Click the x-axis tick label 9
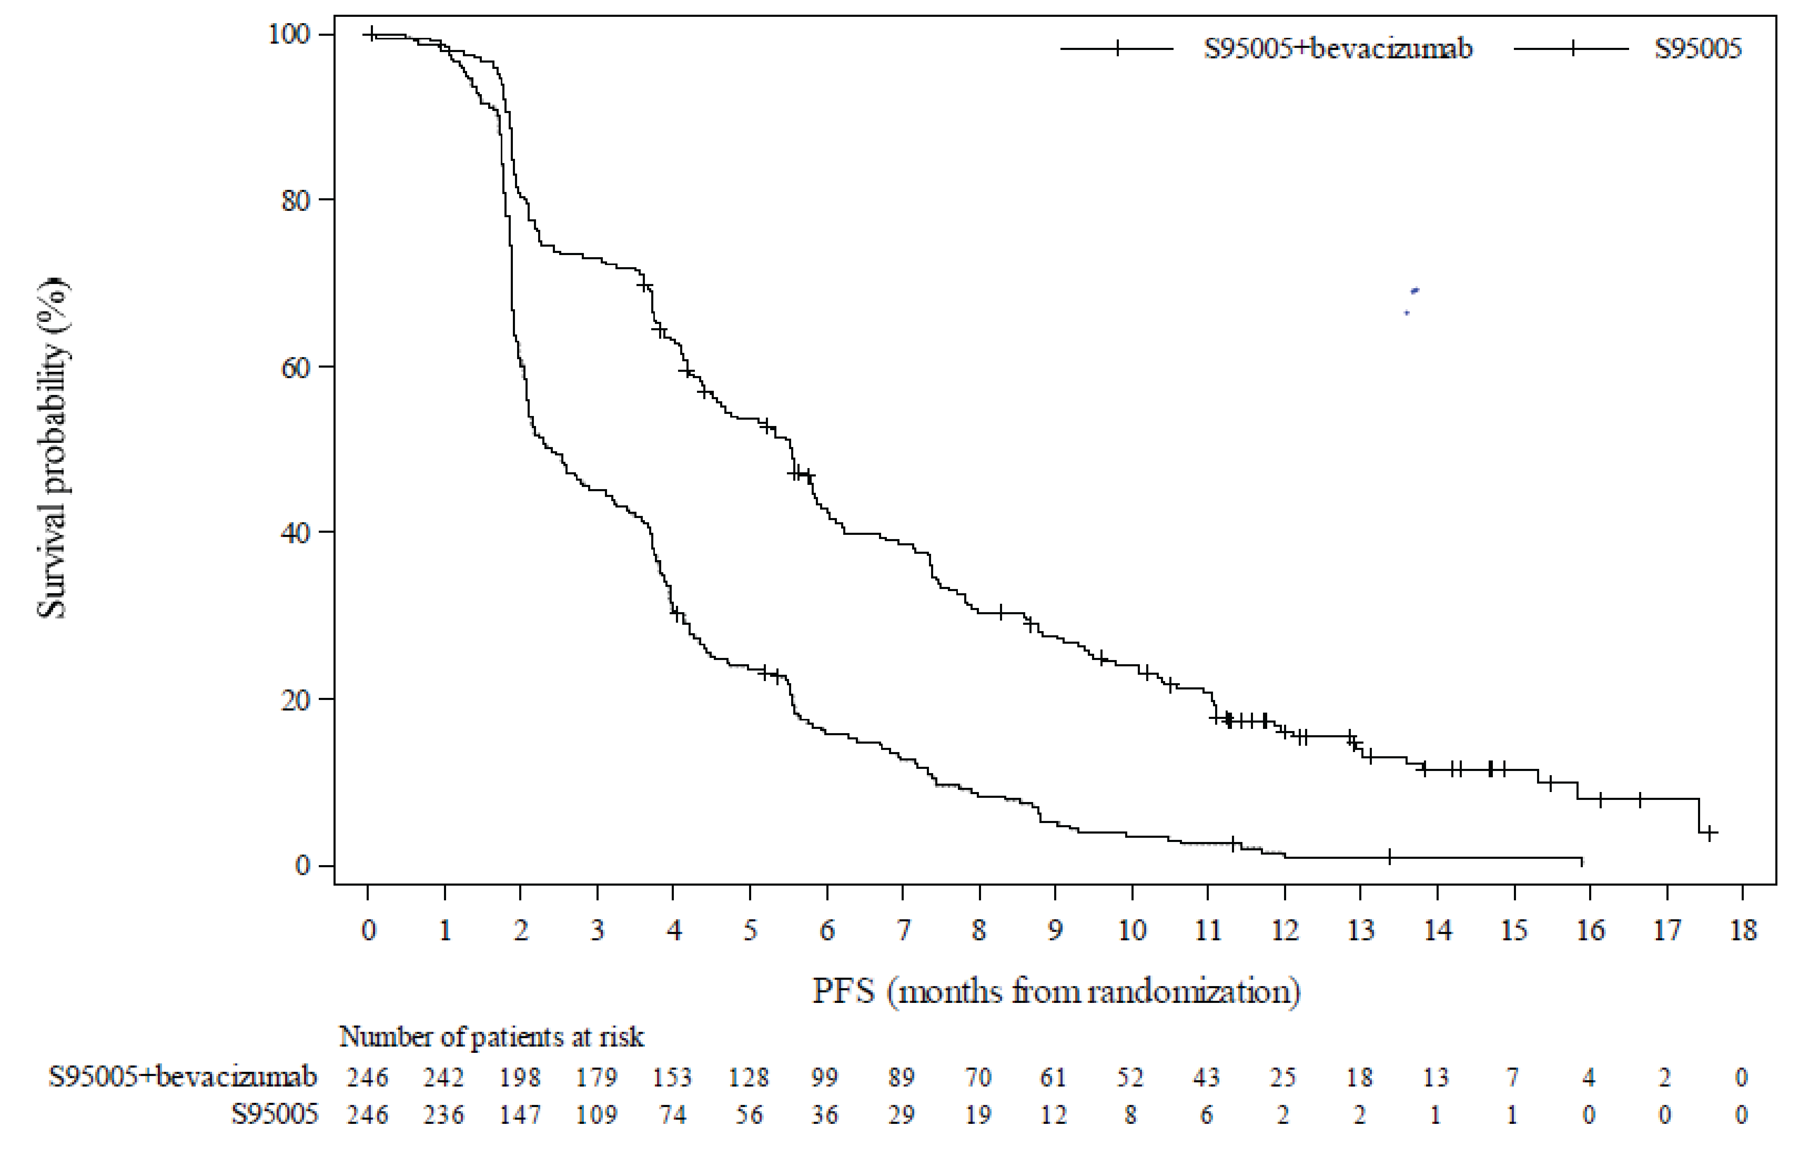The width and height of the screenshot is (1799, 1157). click(1055, 930)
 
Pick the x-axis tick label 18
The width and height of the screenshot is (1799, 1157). click(1743, 930)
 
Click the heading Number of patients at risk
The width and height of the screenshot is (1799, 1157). click(491, 1037)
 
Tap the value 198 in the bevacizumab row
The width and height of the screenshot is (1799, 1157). click(520, 1078)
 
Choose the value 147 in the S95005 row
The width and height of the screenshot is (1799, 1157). click(520, 1114)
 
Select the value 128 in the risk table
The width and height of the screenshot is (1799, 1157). click(749, 1078)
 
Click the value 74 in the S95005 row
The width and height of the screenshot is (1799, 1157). click(673, 1114)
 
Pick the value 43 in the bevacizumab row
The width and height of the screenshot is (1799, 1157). click(1207, 1078)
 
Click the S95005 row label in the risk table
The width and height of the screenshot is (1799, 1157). click(274, 1114)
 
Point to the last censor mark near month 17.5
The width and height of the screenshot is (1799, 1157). click(1710, 833)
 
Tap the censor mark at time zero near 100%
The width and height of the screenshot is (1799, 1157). click(370, 35)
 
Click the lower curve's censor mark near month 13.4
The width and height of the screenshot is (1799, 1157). click(1389, 857)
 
